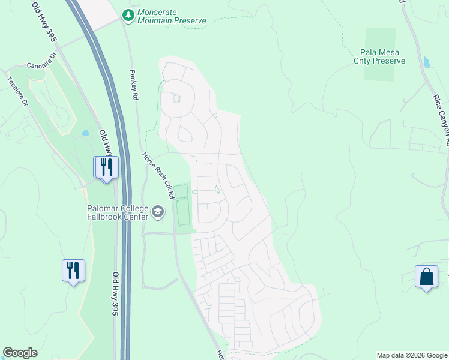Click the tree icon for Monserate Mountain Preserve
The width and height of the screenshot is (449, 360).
pos(128,15)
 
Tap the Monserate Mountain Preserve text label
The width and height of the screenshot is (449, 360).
pos(171,16)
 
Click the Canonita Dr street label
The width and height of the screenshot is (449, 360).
pos(41,65)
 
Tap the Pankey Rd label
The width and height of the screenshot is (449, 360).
pos(134,84)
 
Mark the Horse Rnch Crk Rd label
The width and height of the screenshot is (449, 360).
pos(158,175)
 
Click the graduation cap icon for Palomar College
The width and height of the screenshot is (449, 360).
pos(158,211)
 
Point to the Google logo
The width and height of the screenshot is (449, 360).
pos(20,353)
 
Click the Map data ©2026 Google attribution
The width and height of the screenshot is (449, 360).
pos(411,355)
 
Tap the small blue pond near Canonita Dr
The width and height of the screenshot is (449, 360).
pos(85,133)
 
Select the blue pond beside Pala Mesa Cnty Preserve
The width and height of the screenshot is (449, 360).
pos(426,62)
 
